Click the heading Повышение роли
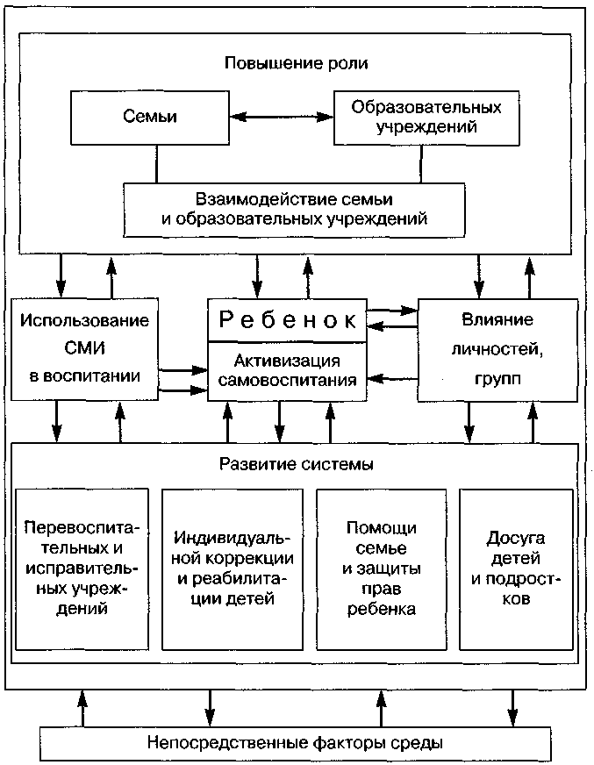296,63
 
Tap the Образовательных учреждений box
426,117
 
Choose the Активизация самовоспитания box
287,370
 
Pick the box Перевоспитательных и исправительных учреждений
84,568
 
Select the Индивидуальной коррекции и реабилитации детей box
233,568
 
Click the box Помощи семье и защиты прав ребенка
381,568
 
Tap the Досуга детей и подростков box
514,568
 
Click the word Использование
86,320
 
